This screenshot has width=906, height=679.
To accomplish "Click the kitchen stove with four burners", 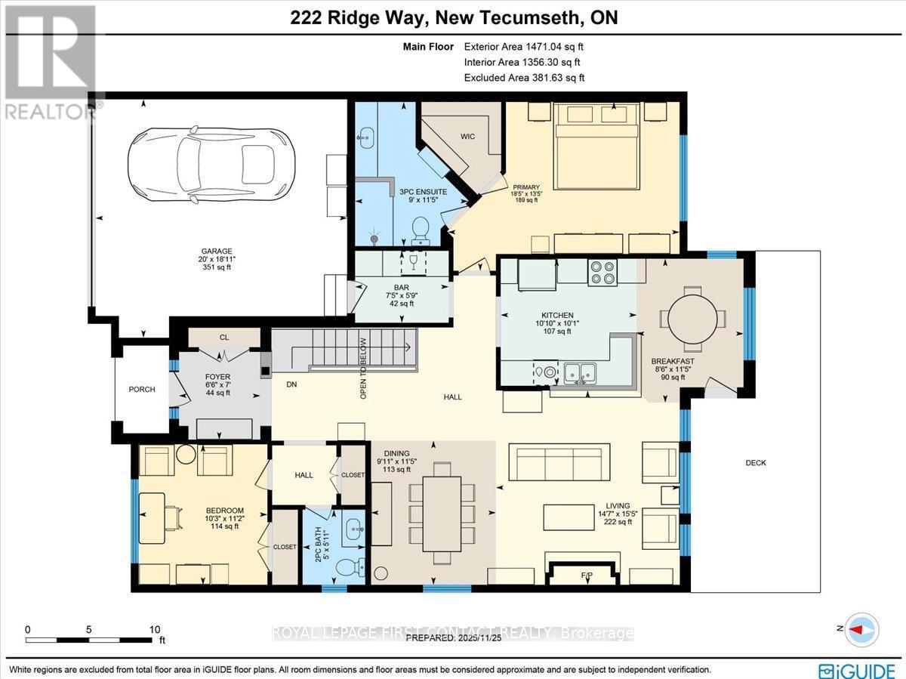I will click(x=602, y=271).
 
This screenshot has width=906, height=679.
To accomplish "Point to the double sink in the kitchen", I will click(x=579, y=372).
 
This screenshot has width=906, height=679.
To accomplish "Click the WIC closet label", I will click(x=467, y=137).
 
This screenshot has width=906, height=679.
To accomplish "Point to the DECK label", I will click(x=756, y=463).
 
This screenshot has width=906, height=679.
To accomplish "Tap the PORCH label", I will click(x=142, y=390).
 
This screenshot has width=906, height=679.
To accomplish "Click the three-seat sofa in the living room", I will click(x=559, y=459).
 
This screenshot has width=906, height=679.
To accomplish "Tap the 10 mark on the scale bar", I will click(x=155, y=629).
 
